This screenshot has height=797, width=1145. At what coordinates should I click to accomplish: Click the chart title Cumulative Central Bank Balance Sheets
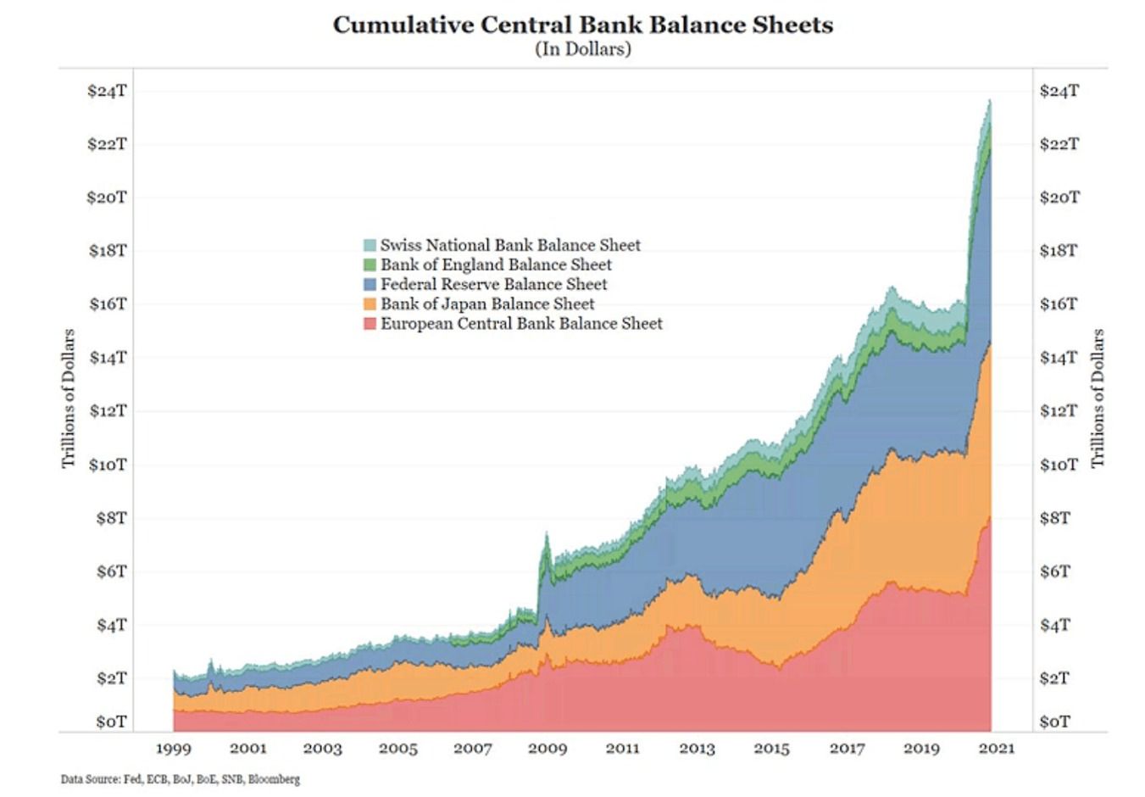click(x=582, y=25)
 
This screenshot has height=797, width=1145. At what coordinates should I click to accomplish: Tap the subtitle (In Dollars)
click(x=582, y=49)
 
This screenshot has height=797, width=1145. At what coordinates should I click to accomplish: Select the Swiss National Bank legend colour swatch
click(x=370, y=245)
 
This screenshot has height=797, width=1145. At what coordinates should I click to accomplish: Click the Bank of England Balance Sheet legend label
click(x=496, y=265)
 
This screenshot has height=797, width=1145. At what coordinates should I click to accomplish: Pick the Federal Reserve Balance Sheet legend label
click(x=493, y=284)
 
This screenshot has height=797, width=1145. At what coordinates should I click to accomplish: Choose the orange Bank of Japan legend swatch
click(x=370, y=304)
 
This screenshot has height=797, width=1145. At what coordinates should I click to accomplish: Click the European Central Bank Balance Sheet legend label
click(x=521, y=323)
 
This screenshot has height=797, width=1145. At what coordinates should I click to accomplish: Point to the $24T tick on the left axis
click(x=107, y=90)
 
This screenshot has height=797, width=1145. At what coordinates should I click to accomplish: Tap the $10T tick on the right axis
click(x=1059, y=465)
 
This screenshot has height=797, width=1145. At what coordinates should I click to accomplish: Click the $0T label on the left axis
click(x=110, y=722)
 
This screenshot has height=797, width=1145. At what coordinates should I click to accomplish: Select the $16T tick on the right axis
click(x=1059, y=304)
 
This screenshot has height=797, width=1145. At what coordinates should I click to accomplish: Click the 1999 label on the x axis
click(x=173, y=749)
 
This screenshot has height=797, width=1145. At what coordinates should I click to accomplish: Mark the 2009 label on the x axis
click(x=547, y=749)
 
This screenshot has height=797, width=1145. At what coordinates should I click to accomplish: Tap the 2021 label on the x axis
click(x=996, y=749)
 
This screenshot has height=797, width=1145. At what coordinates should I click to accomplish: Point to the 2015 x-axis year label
click(x=771, y=749)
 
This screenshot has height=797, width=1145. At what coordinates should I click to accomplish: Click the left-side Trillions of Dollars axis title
click(x=69, y=398)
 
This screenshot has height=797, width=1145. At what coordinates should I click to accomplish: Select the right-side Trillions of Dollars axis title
click(x=1098, y=398)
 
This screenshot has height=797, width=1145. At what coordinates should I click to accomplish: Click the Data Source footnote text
click(x=180, y=779)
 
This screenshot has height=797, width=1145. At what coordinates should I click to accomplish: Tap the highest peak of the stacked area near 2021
click(x=989, y=101)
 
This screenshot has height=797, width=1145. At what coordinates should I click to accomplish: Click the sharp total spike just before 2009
click(x=547, y=534)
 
